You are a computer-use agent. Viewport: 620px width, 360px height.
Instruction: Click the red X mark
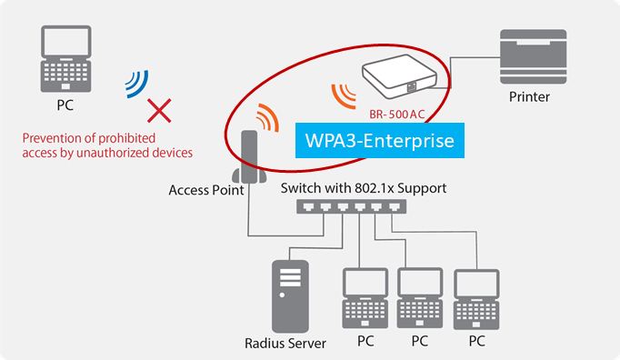pyautogui.click(x=160, y=111)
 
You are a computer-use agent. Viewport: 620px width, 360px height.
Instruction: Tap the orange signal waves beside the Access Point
pyautogui.click(x=266, y=117)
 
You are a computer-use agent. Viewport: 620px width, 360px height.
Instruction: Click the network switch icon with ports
pyautogui.click(x=350, y=208)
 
